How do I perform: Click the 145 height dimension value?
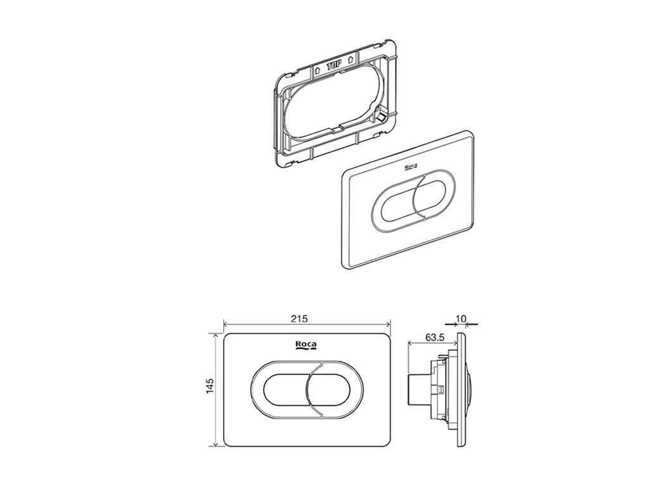tap(210, 386)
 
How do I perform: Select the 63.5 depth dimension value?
tap(435, 337)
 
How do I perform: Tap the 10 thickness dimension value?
tap(461, 318)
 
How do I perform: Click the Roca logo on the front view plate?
tap(306, 346)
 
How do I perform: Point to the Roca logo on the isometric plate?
tap(410, 167)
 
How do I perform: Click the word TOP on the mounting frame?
tap(334, 66)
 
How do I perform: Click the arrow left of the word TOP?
tap(318, 70)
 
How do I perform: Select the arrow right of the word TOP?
tap(350, 59)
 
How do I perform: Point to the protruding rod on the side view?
tap(414, 390)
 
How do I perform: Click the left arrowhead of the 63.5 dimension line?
tap(411, 343)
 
